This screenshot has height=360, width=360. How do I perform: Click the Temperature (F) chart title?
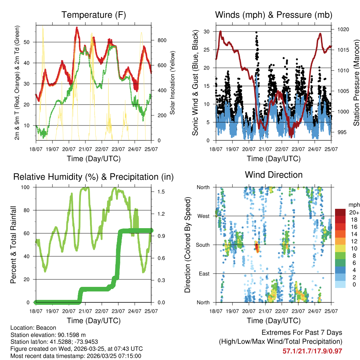(x=94, y=15)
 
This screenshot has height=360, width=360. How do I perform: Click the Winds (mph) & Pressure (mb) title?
(x=274, y=15)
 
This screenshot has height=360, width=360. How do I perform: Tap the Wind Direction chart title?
(x=274, y=175)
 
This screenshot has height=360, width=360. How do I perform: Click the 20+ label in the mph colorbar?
(x=353, y=212)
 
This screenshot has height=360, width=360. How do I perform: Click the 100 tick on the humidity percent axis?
(x=27, y=187)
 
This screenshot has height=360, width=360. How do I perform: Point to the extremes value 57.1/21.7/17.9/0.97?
(x=312, y=351)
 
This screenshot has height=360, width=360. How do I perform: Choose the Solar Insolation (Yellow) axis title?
(x=173, y=83)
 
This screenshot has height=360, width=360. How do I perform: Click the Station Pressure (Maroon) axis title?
(x=356, y=83)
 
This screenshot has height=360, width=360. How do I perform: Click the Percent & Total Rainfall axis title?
(x=13, y=245)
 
